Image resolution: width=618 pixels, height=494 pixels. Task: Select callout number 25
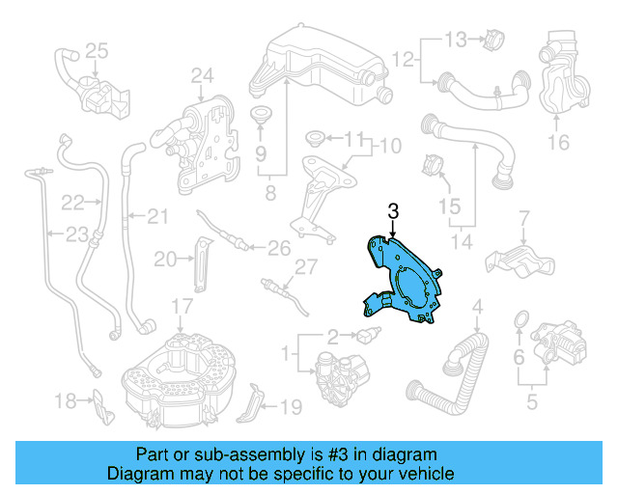pos(97,49)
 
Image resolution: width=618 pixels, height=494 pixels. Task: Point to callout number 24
pos(201,75)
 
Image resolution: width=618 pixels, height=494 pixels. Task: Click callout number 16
pos(559,144)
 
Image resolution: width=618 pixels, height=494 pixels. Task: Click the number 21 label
pos(156,214)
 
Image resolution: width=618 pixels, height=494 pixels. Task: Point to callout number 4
pos(476,309)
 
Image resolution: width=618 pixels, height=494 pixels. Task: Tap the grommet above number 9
pos(261,119)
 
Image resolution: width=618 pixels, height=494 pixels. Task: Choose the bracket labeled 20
pos(202,262)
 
